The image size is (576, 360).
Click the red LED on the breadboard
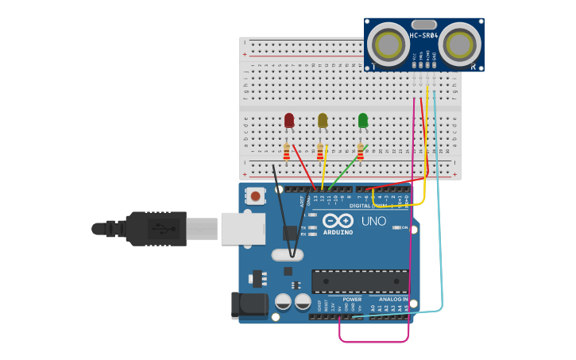289,120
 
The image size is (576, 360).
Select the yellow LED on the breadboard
323,120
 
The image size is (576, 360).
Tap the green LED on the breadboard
363,120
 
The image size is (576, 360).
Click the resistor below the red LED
287,150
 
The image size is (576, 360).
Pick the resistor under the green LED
360,150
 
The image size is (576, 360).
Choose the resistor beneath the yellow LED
320,150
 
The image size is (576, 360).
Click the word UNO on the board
373,221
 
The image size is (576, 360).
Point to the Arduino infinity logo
338,222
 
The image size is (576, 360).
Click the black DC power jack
249,306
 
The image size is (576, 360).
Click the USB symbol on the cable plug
164,229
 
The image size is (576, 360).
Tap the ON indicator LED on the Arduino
397,227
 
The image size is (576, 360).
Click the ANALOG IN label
393,300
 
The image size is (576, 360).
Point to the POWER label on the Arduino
352,300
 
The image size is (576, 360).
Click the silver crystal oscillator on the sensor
425,25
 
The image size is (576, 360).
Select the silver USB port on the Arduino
242,228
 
